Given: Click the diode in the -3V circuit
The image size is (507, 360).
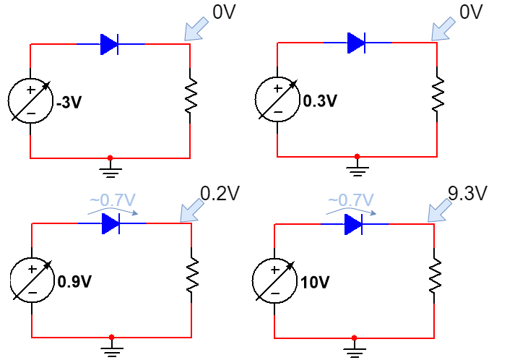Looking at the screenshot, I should [110, 45].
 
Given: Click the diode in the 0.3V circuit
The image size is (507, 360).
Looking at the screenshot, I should [356, 43].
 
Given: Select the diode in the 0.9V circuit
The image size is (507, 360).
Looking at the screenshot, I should [110, 224].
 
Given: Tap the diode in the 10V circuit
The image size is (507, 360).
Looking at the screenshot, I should [353, 225].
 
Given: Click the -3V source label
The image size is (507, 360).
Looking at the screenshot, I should [69, 103].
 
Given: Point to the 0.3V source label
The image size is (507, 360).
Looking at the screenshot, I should [320, 101].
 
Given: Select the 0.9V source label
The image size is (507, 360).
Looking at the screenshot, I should [74, 281].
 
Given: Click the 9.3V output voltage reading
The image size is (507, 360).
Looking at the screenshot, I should [467, 193].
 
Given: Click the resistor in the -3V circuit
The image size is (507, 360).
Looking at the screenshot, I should [190, 97].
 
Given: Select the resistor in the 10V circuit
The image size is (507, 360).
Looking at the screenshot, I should [435, 275].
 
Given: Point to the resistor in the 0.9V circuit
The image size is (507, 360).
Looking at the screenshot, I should [191, 276].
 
